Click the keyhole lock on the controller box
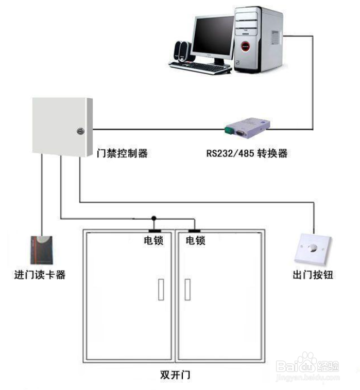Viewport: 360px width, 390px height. point(81,131)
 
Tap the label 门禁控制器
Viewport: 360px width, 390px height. point(122,153)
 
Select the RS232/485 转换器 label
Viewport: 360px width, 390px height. point(247,153)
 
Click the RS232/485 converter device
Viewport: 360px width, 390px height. point(247,128)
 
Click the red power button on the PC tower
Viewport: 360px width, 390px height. point(245,46)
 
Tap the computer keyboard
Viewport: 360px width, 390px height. point(200,67)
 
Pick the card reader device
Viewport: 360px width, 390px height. point(42,250)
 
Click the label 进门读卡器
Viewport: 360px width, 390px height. point(40,275)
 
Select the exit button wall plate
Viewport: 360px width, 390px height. point(313,249)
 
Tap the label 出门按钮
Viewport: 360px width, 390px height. point(313,275)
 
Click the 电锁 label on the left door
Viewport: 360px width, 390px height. point(153,240)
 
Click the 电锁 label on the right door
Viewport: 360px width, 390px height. point(196,240)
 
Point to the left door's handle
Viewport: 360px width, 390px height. point(161,290)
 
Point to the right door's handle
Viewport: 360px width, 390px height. point(187,290)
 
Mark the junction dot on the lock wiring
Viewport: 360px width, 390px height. point(154,218)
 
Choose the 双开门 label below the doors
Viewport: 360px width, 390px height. point(175,375)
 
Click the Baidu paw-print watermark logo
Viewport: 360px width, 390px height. point(307,361)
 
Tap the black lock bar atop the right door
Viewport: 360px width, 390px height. point(195,231)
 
